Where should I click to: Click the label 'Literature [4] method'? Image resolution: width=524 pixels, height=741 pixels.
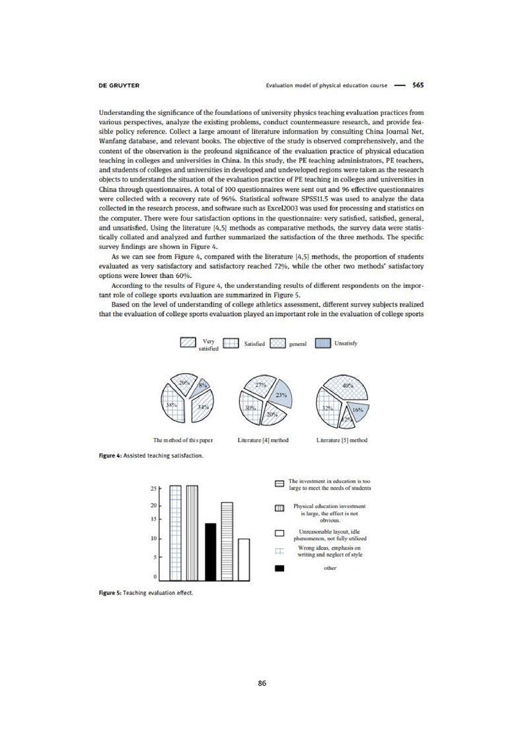tap(261, 439)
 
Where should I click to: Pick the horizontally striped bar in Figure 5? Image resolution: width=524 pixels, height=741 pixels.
tap(227, 542)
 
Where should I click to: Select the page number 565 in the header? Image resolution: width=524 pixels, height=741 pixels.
tap(418, 85)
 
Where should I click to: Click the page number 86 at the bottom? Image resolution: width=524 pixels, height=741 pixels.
tap(262, 683)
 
